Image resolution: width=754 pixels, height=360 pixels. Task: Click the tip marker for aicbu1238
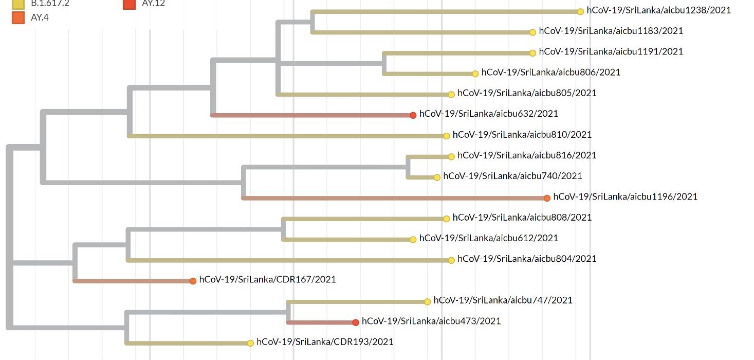[580, 11]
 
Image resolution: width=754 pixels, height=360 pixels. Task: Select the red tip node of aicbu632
[413, 115]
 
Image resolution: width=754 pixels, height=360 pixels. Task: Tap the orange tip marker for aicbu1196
[547, 198]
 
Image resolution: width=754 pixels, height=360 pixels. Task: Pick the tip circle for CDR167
[193, 281]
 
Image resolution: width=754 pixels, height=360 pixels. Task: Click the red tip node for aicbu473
[356, 322]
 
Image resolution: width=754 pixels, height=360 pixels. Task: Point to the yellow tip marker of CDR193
[250, 343]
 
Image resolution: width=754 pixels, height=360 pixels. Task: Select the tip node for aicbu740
[437, 177]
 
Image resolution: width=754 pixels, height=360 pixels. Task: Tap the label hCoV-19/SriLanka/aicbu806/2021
[550, 72]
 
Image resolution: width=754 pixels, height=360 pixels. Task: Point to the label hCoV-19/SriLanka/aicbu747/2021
[503, 300]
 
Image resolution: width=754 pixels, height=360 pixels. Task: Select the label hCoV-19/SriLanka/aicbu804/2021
[527, 259]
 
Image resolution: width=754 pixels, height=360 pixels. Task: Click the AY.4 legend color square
[18, 17]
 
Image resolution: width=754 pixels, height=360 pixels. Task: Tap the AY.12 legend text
[153, 3]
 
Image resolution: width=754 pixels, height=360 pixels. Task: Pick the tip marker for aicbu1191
[533, 52]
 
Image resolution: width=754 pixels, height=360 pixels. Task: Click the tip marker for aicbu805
[451, 94]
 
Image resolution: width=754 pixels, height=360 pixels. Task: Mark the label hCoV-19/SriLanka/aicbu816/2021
[527, 155]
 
